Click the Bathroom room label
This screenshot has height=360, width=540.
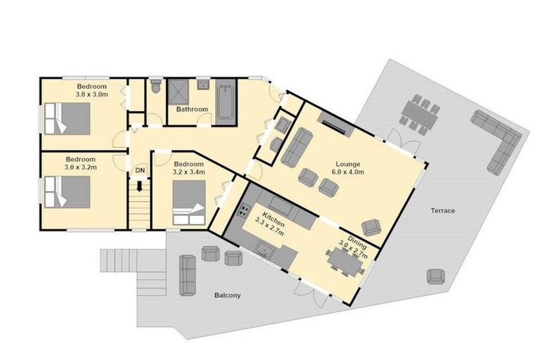[x=191, y=110]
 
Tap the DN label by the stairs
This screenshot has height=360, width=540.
[x=140, y=171]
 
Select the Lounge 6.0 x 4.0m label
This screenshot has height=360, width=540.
[x=347, y=169]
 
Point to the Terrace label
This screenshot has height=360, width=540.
[x=443, y=211]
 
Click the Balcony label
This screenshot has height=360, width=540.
[x=227, y=295]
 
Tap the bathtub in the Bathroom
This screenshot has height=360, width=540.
[x=225, y=103]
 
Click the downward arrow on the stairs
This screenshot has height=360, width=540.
[x=140, y=187]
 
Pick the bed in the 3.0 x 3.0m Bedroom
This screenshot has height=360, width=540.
[x=67, y=118]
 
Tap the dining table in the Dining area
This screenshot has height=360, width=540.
[x=346, y=262]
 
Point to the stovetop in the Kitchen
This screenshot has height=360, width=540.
[x=245, y=209]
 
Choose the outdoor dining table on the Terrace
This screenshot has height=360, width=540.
[x=421, y=114]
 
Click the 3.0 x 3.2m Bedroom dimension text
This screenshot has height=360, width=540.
[x=80, y=167]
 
